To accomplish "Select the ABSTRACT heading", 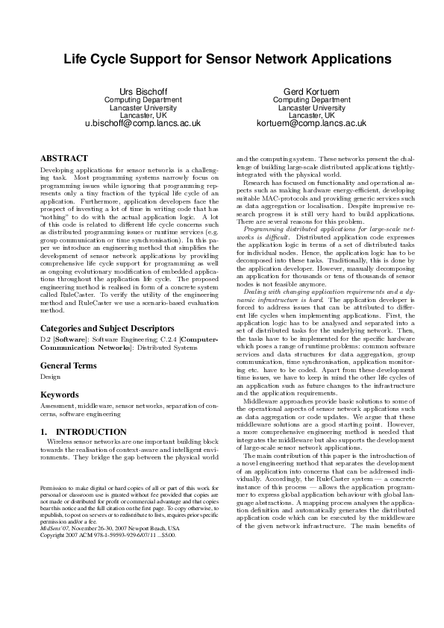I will point(63,159).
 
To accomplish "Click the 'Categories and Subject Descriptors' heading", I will point(107,328).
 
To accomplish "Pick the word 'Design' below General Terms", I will point(50,377).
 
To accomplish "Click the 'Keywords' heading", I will point(59,394).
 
